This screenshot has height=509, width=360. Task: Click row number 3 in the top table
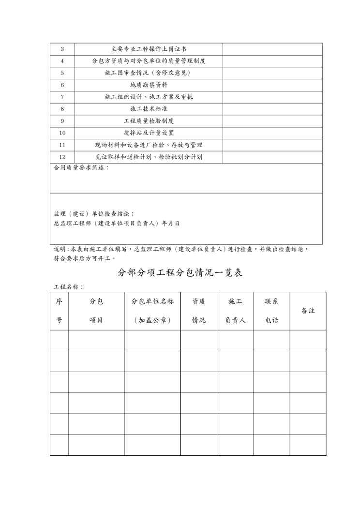[62, 49]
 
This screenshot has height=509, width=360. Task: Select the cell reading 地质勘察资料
[149, 85]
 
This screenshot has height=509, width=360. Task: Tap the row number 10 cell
[62, 133]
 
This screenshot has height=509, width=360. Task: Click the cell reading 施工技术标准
[149, 109]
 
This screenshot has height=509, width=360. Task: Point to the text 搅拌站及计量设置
[149, 133]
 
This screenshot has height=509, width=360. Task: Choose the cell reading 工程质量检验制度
[149, 121]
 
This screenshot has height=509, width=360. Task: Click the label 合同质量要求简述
[81, 168]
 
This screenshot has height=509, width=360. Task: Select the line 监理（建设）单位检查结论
[94, 214]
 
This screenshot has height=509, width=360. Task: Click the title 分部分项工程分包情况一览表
[180, 272]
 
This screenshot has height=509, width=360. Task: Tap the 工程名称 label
[68, 286]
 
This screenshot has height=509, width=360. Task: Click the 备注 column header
[308, 311]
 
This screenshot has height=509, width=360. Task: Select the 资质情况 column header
[198, 311]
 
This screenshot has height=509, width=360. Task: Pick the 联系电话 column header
[271, 311]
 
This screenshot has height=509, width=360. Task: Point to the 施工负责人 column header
[235, 311]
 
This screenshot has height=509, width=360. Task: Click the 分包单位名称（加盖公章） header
[152, 311]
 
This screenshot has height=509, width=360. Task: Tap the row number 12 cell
[62, 157]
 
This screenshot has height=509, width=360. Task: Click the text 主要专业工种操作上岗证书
[149, 49]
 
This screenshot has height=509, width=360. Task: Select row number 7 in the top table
[62, 97]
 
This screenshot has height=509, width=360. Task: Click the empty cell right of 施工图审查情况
[272, 73]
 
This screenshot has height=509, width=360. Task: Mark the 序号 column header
[59, 311]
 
